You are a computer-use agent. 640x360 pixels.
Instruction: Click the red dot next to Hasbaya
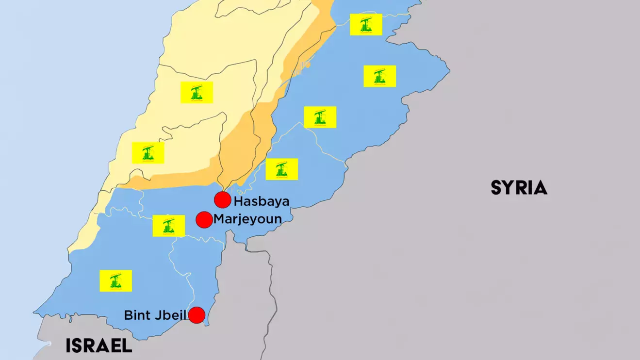point(222,200)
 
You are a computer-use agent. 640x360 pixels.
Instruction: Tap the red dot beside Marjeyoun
point(204,220)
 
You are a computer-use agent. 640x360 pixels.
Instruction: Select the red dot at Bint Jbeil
point(197,315)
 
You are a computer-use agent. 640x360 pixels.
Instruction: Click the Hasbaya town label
point(261,201)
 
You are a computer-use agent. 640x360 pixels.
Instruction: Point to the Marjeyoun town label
point(247,219)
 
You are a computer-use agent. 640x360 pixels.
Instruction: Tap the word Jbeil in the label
point(173,315)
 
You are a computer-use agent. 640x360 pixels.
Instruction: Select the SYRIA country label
point(519,188)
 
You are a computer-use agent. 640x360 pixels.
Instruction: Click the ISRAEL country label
point(99,346)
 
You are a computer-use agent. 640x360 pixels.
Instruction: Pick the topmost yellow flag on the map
point(366,25)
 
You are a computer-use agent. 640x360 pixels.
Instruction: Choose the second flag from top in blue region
point(380,76)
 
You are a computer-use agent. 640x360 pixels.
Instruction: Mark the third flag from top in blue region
point(320,117)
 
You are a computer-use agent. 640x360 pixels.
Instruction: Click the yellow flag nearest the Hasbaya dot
point(282,169)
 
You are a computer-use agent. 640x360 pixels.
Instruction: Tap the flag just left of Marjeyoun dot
point(169,226)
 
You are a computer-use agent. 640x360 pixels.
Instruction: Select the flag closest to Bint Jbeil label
point(116,281)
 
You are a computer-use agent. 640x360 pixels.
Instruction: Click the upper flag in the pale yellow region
point(197,92)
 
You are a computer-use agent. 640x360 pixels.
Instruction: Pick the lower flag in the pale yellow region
point(148,153)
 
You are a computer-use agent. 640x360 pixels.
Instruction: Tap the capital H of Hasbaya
point(238,201)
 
